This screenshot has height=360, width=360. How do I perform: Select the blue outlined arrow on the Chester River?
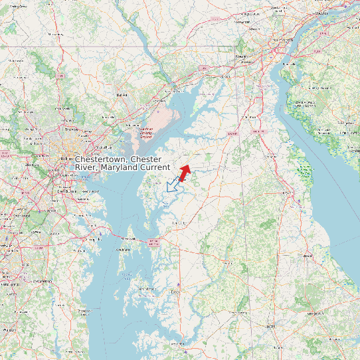click(174, 185)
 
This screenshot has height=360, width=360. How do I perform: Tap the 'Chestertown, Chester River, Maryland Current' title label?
click(122, 163)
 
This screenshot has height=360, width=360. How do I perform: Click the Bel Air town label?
click(122, 95)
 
